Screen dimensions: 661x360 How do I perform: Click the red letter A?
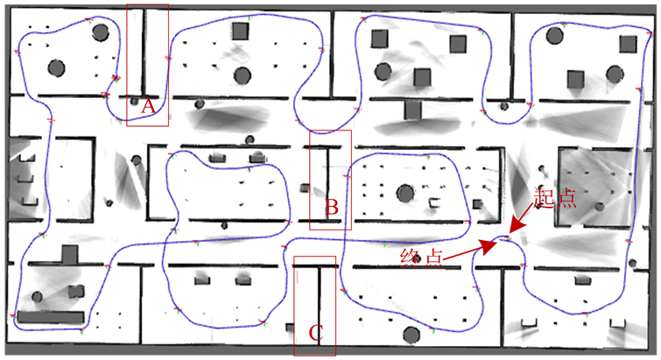pos(148,107)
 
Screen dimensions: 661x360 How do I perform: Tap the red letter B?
pos(332,207)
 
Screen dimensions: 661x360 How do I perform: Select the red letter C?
pos(316,333)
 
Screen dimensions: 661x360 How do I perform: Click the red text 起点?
pos(554,198)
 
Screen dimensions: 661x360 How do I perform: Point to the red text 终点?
pos(422,258)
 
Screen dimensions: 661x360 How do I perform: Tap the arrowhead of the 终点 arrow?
pos(490,247)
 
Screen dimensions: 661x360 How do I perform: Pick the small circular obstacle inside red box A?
pos(135,102)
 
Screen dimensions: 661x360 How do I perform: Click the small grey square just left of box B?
pos(305,187)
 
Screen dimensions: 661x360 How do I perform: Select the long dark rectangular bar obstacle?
pos(51,317)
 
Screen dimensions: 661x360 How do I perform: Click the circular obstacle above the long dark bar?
pos(37,297)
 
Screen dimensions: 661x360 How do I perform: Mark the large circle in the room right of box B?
pos(405,194)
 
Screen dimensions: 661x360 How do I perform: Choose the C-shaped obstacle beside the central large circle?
pos(433,202)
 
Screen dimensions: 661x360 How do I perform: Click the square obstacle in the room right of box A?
pos(240,32)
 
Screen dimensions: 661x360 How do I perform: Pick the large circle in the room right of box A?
pos(242,76)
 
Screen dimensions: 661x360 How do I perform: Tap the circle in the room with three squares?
pos(383,72)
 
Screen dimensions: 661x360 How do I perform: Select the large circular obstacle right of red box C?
pos(411,335)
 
